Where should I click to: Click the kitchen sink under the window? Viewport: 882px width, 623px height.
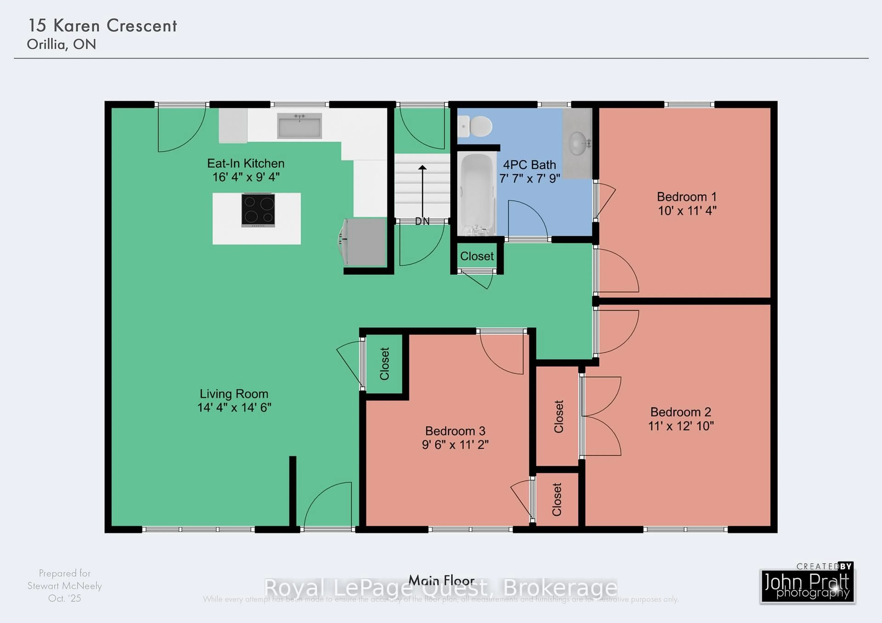pos(299,126)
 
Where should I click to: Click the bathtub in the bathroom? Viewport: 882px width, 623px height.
pos(476,194)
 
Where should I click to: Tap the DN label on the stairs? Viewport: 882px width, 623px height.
pos(422,222)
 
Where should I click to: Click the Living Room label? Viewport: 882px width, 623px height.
pos(234,394)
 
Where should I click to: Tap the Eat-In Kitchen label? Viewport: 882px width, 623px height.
pos(246,163)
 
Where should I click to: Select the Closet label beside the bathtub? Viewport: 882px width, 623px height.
pos(477,256)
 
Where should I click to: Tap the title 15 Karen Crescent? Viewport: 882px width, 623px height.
pos(103,26)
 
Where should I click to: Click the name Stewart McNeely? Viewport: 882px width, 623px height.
pos(65,586)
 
